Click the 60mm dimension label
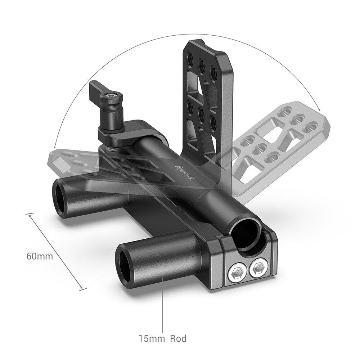tap(39, 256)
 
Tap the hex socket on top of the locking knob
tap(108, 96)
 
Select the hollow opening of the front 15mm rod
tap(126, 261)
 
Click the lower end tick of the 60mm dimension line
tap(83, 288)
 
